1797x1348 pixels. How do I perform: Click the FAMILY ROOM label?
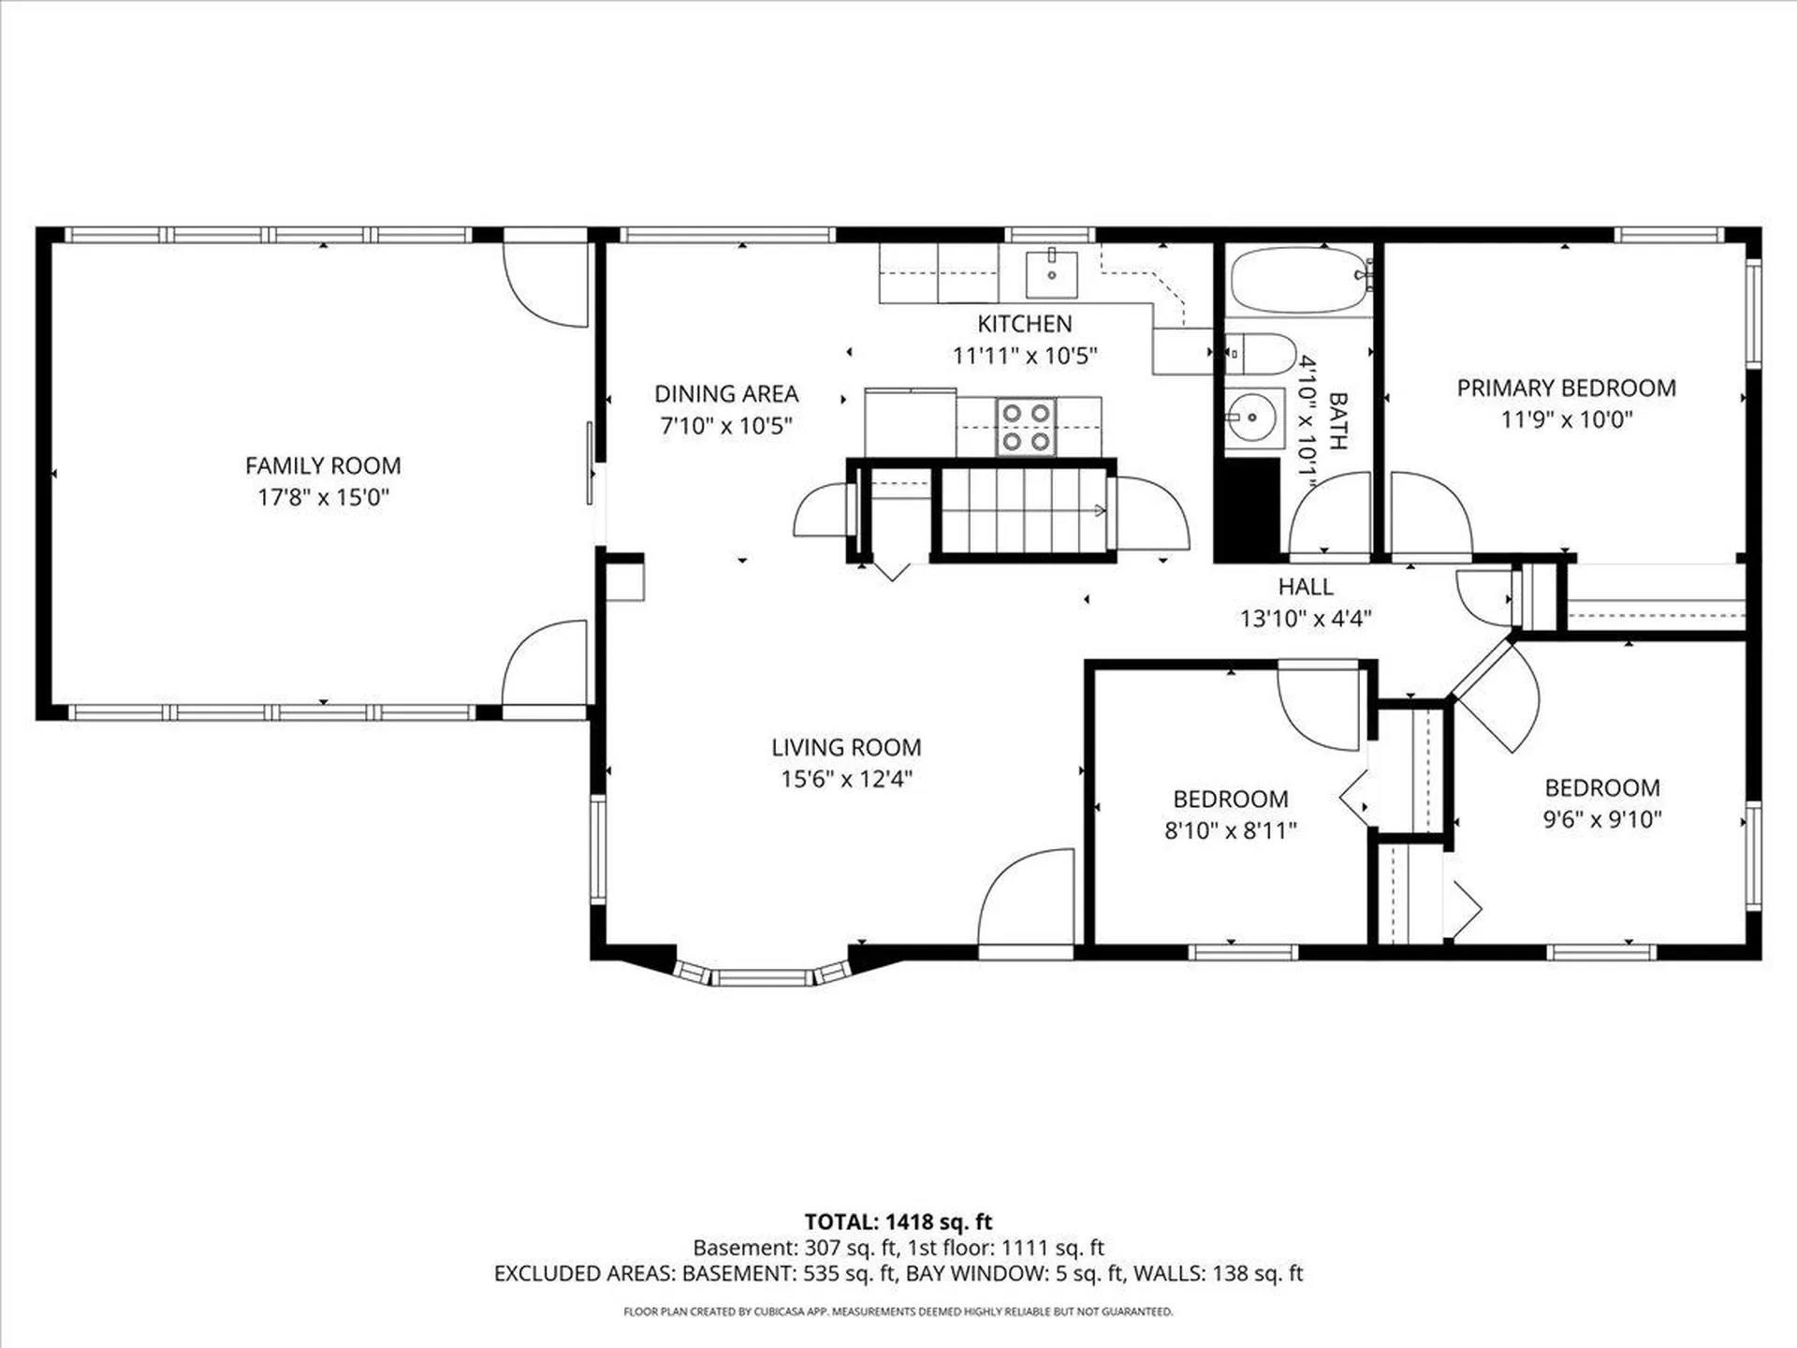(x=323, y=465)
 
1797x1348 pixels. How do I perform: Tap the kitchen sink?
(x=1051, y=274)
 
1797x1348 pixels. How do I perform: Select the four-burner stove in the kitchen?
(x=1025, y=427)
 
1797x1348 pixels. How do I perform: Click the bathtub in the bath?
(x=1300, y=280)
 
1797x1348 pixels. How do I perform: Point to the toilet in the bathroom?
(x=1259, y=353)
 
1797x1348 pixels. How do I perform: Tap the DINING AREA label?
(x=726, y=394)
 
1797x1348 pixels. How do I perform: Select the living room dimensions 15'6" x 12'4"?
(x=846, y=779)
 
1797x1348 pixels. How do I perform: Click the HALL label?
(x=1306, y=587)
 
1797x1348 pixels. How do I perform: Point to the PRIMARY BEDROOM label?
(x=1567, y=388)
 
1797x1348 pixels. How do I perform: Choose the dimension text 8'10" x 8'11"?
(x=1231, y=830)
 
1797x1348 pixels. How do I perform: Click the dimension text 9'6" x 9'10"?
(x=1602, y=819)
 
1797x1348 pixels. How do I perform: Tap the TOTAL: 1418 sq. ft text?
(x=898, y=1222)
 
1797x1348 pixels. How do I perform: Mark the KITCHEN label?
(x=1025, y=324)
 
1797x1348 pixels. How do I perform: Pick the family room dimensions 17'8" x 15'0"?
(x=323, y=497)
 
